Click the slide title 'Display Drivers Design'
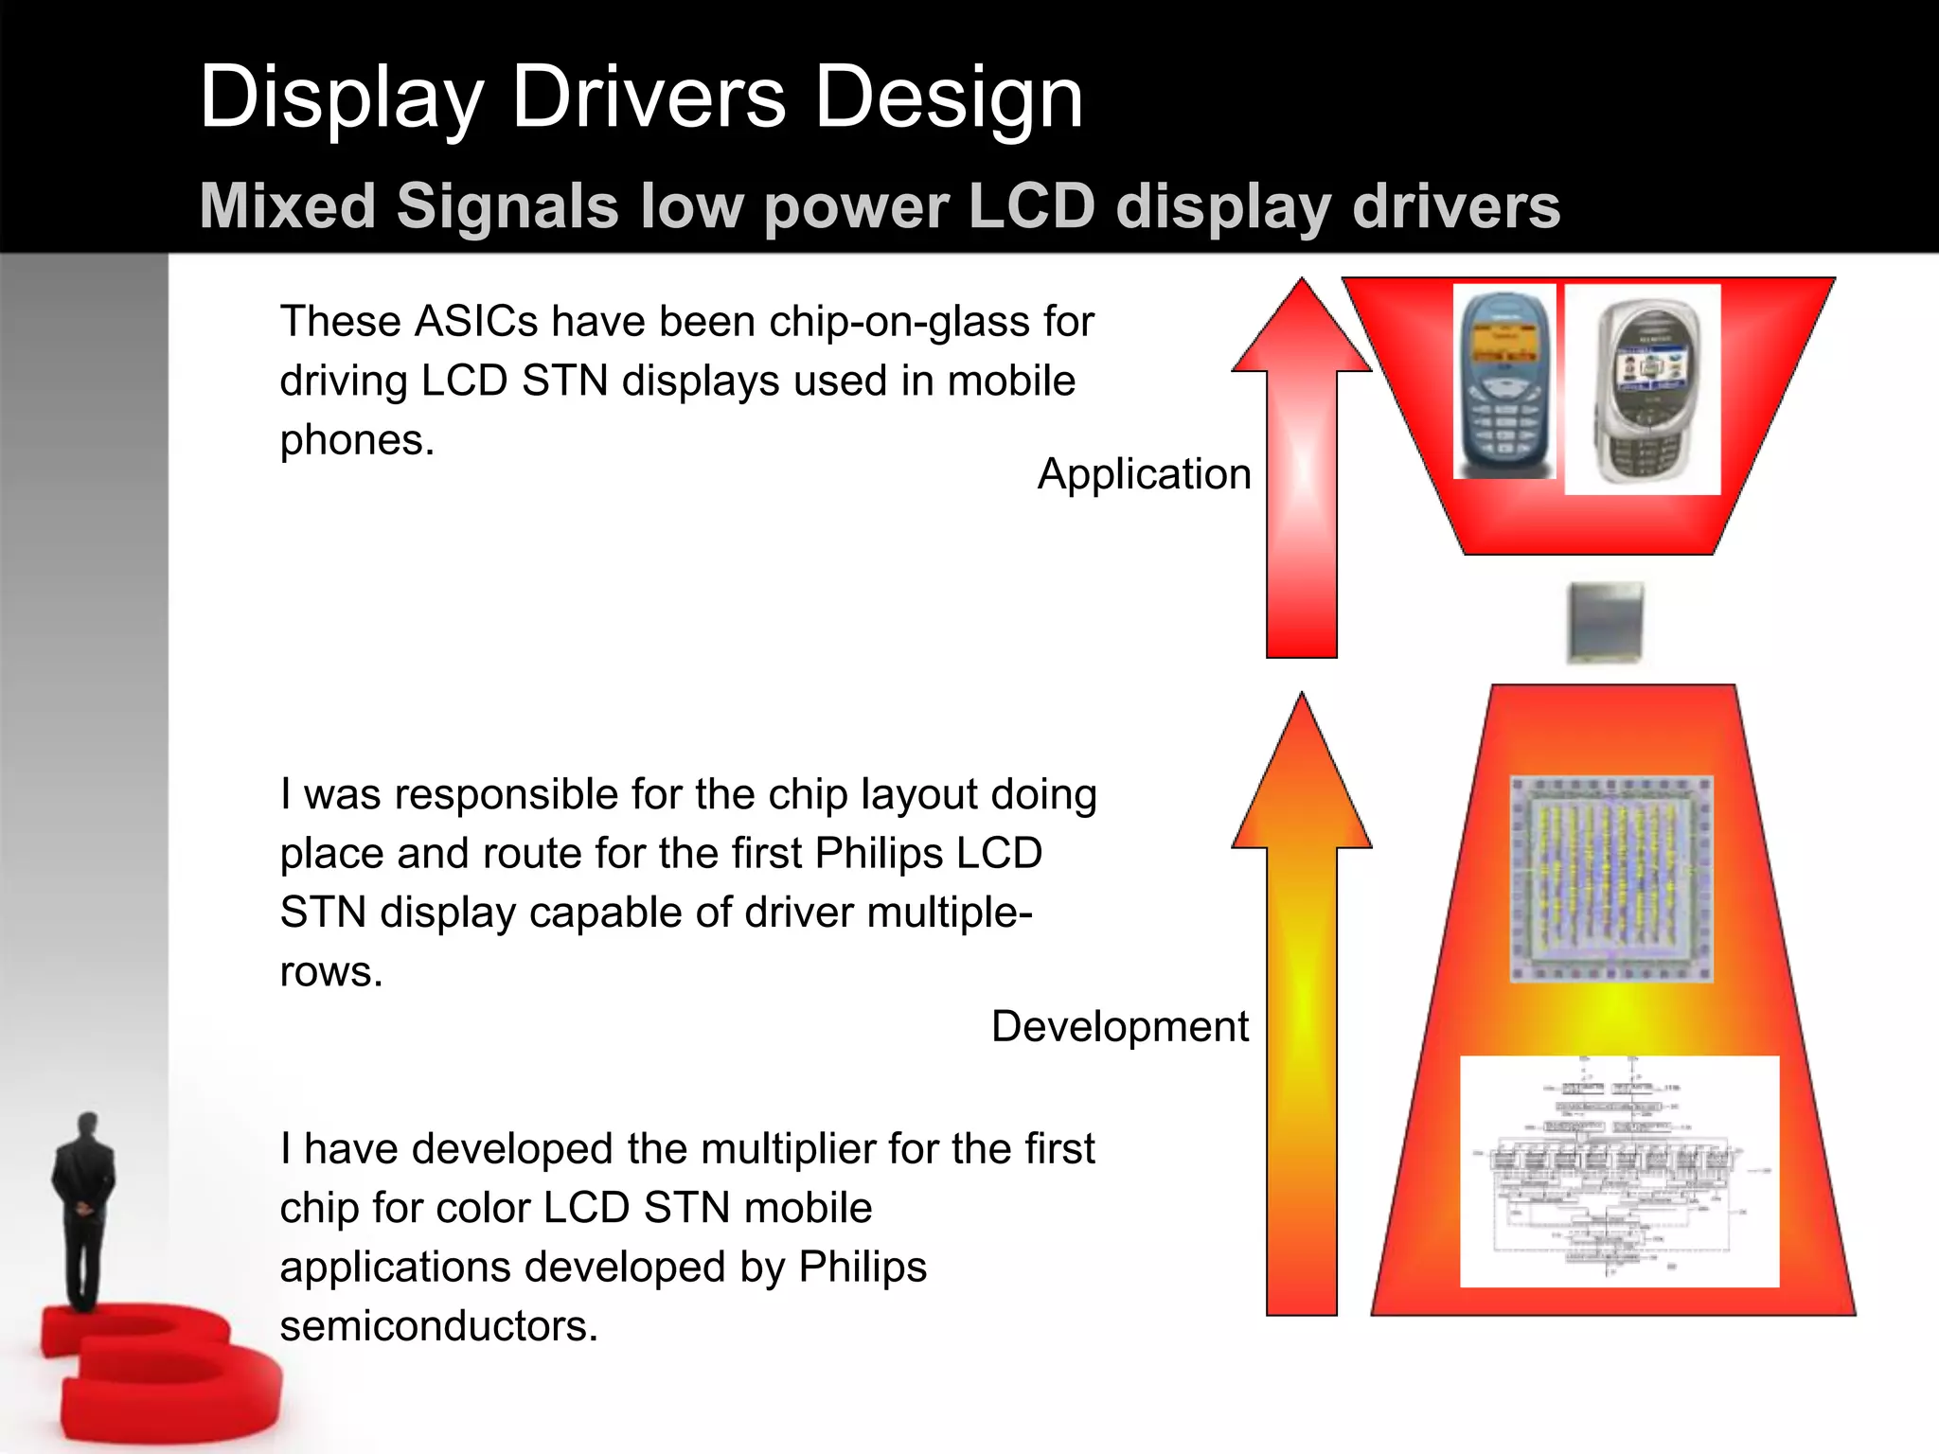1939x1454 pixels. coord(641,98)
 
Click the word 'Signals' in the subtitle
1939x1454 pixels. coord(507,206)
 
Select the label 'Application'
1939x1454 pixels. coord(1144,473)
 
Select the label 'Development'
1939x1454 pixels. coord(1119,1026)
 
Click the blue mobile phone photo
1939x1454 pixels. coord(1503,383)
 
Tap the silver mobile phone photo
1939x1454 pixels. coord(1642,389)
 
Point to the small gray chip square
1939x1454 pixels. coord(1605,622)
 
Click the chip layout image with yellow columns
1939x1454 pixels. coord(1610,879)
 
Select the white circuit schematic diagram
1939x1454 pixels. coord(1619,1171)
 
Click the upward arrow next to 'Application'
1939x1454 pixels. coord(1302,473)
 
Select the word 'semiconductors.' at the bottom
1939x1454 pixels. coord(439,1326)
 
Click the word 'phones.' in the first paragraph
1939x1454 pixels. coord(357,440)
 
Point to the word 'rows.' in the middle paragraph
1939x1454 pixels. coord(331,972)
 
